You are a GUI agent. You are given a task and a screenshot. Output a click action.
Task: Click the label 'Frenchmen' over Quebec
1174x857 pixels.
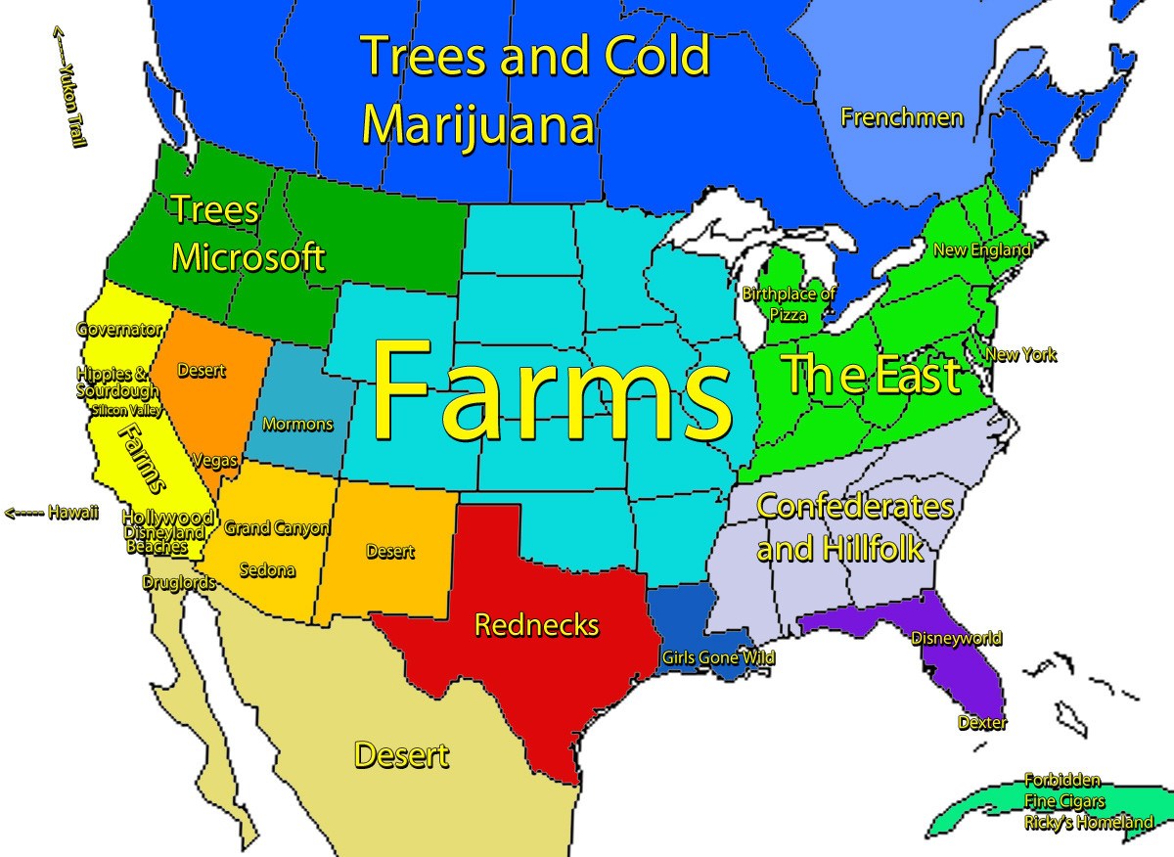point(902,118)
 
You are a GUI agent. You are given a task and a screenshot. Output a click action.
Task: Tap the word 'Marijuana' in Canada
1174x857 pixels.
point(477,125)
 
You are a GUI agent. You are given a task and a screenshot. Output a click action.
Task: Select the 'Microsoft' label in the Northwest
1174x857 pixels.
point(248,257)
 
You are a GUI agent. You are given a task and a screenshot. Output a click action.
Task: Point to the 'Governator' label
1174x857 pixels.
point(119,330)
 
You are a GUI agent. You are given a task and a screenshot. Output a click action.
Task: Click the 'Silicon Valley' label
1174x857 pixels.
point(127,410)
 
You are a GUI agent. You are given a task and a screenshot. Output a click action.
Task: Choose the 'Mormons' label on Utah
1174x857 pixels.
point(297,425)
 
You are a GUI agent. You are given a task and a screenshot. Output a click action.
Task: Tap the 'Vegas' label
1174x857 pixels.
point(214,460)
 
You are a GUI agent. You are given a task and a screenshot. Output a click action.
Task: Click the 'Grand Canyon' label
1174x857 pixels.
point(277,528)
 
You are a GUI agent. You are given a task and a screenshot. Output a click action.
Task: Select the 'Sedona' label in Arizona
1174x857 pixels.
point(266,569)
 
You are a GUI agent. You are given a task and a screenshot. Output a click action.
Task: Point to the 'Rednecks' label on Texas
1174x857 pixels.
point(536,624)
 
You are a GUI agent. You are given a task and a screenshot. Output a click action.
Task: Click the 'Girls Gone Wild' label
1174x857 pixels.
point(718,658)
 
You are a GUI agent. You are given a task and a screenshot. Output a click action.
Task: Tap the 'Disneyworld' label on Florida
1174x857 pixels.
point(956,639)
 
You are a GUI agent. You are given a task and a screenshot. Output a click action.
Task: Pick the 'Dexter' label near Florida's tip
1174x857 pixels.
point(981,723)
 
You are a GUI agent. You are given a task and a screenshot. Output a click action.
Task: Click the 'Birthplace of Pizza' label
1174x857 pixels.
point(788,304)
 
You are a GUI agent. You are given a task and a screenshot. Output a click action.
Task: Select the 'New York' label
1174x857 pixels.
point(1020,355)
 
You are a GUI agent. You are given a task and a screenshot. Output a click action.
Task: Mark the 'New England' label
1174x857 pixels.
point(982,250)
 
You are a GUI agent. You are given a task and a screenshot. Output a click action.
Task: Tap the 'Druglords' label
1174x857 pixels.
point(178,582)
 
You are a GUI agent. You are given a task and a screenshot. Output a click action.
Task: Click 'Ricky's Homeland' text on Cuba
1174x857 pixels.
point(1088,823)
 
